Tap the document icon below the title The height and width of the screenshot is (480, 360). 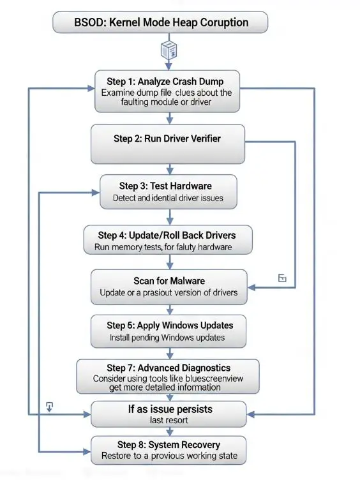[x=169, y=50]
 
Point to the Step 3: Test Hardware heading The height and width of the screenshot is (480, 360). [x=165, y=186]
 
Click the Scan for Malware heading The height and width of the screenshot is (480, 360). [x=168, y=281]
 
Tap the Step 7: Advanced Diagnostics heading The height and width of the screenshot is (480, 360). [x=169, y=368]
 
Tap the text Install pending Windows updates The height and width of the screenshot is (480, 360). [x=167, y=337]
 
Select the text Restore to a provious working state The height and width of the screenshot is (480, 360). [x=169, y=456]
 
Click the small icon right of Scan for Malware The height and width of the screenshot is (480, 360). [x=283, y=278]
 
